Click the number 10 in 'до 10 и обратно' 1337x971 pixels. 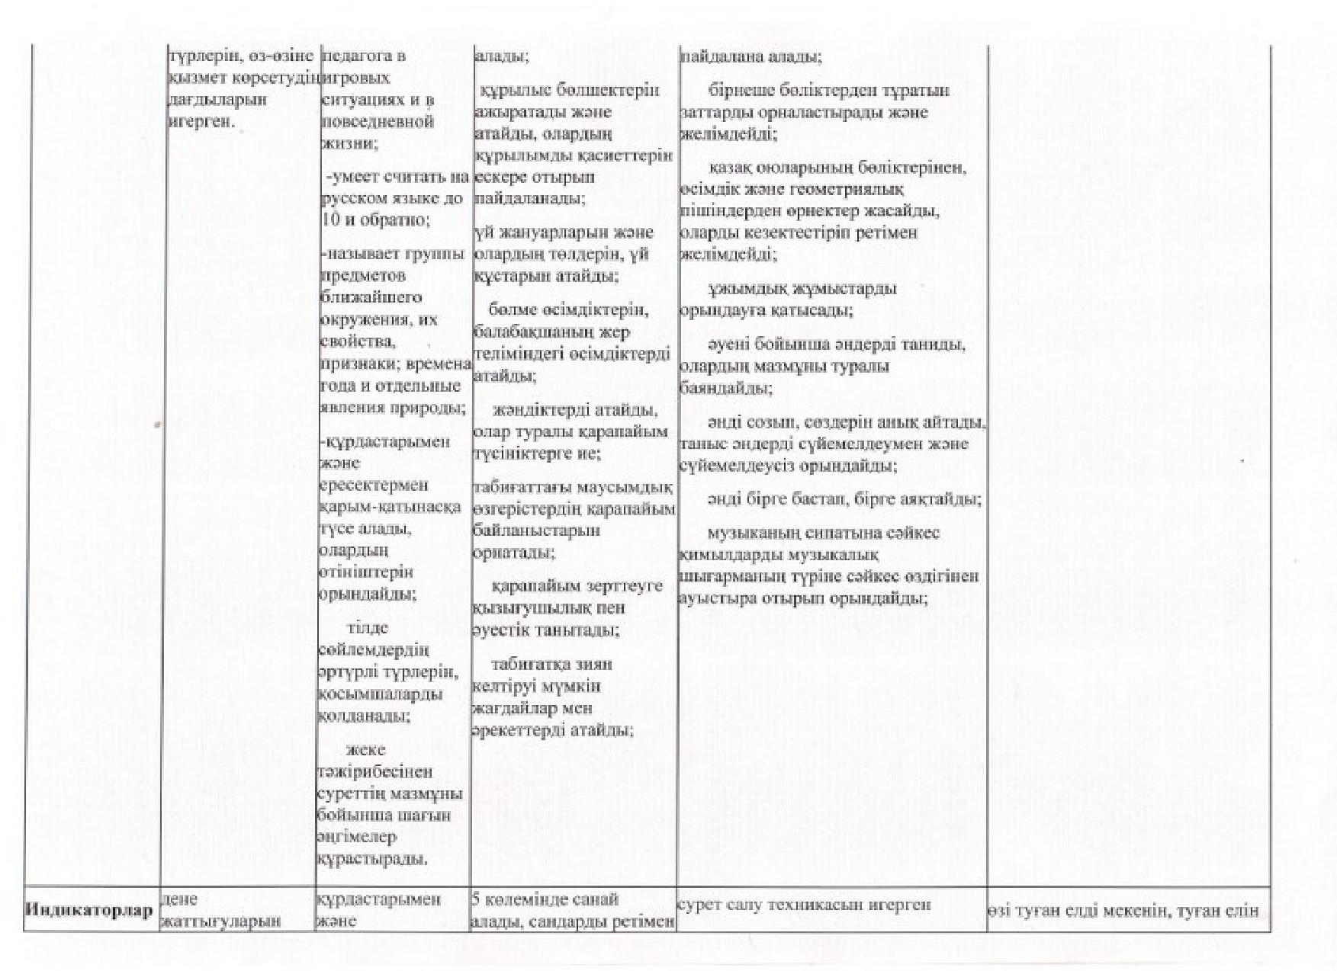[x=329, y=220]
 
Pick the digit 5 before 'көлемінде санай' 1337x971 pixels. [x=476, y=899]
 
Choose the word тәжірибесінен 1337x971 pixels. [x=374, y=771]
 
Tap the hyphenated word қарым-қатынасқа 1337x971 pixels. [x=390, y=507]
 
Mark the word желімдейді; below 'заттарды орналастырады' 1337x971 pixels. [x=728, y=134]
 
